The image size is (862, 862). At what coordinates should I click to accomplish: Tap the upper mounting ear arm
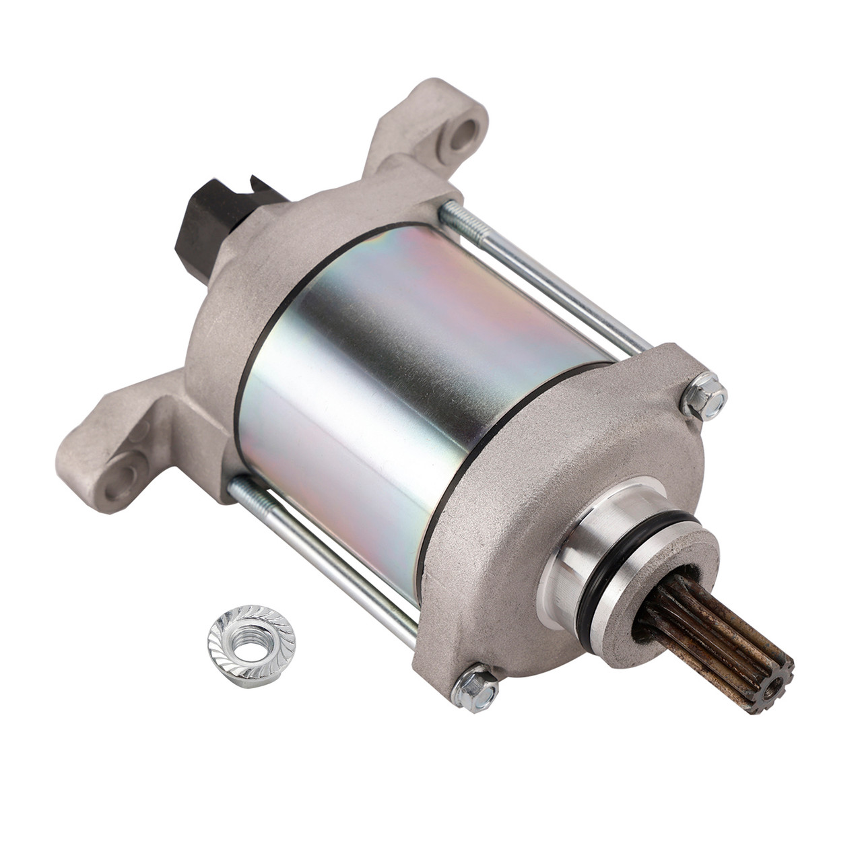(x=431, y=135)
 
